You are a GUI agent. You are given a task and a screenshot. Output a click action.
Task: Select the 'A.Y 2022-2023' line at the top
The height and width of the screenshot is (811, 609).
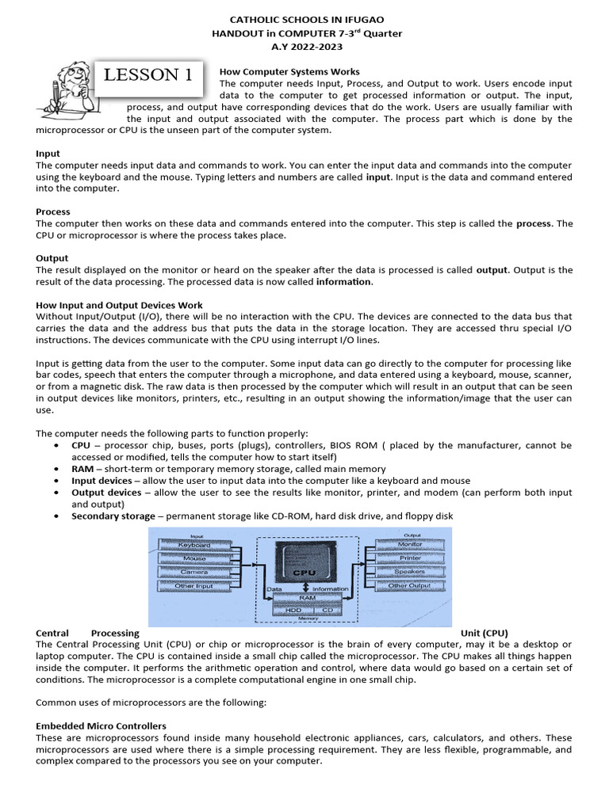[305, 47]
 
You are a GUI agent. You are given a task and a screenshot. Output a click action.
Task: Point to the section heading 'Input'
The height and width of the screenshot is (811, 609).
[48, 153]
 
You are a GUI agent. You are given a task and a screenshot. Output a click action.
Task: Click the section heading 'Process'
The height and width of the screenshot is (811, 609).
[53, 211]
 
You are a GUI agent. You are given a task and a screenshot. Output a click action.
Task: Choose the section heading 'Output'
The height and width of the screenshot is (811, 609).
[52, 258]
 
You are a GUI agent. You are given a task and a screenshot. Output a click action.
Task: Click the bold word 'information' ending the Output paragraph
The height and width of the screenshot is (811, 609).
[343, 281]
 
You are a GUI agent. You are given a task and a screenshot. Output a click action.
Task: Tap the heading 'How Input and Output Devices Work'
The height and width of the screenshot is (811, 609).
[120, 305]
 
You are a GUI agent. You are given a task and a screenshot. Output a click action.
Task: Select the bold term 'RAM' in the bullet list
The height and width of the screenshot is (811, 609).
[82, 469]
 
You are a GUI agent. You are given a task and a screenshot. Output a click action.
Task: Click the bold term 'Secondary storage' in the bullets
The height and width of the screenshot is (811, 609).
[113, 516]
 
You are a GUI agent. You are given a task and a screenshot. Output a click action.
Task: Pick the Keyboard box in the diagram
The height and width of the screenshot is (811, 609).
[193, 546]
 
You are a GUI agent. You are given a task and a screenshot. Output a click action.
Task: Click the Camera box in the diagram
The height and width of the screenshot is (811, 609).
[193, 572]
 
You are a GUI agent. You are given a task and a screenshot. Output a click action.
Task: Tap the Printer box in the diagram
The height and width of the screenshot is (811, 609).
[410, 558]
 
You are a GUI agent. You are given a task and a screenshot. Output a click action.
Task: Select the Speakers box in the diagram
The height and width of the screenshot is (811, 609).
[410, 572]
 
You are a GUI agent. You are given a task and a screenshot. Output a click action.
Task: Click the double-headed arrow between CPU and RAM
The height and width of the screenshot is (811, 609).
[306, 589]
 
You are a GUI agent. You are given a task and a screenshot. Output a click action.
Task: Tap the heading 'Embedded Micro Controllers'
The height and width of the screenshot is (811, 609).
[101, 725]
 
